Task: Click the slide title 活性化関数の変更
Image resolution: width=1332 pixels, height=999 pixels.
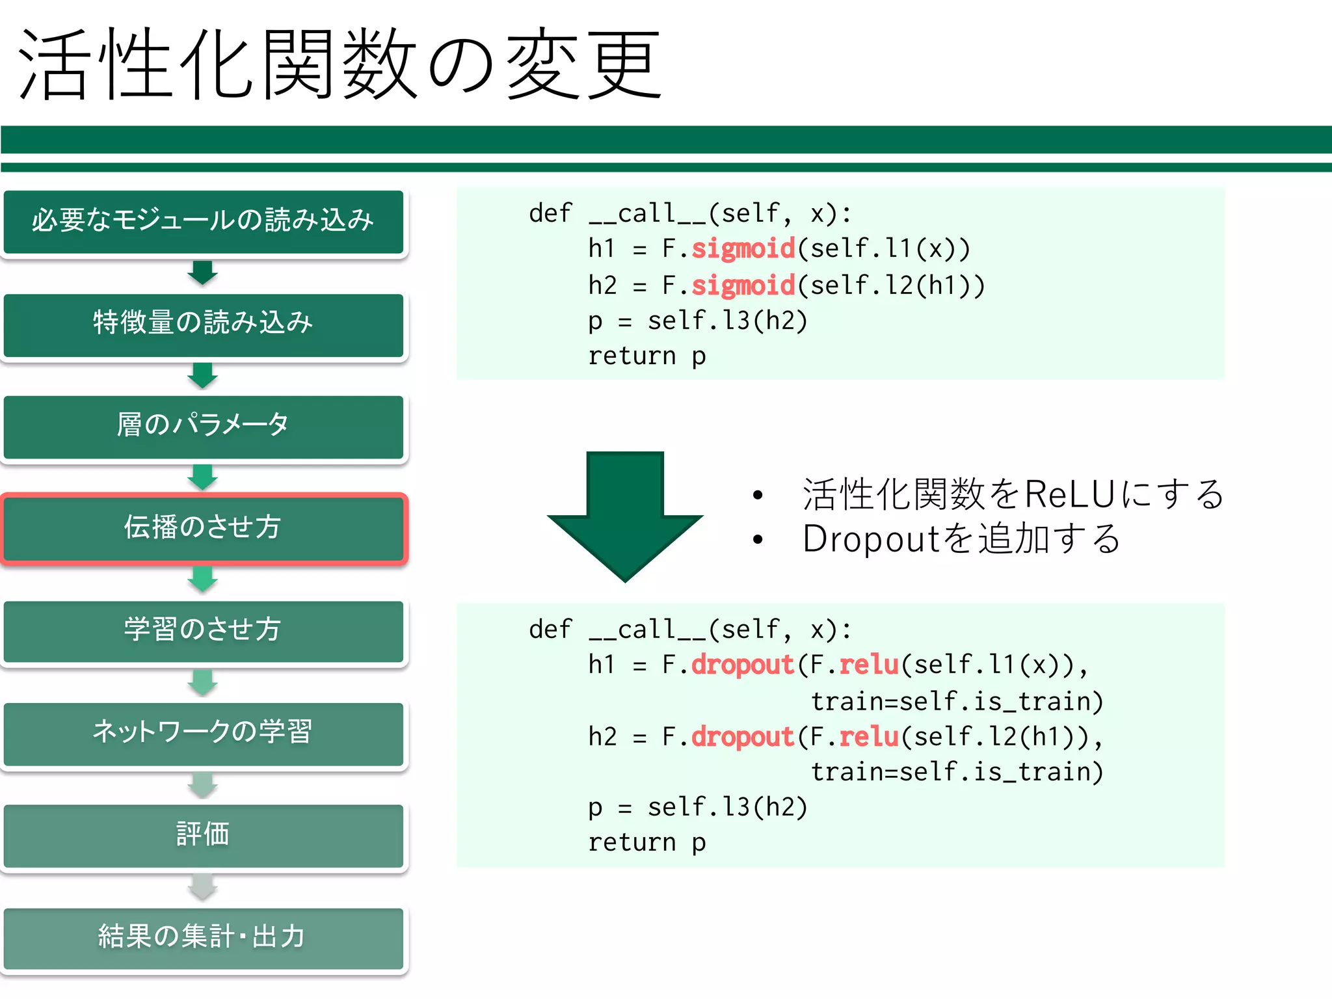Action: tap(338, 65)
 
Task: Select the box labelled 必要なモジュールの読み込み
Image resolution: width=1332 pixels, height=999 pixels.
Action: tap(203, 221)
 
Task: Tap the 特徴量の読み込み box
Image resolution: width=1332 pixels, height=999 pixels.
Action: tap(203, 324)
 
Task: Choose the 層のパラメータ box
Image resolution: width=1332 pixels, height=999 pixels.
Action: tap(203, 426)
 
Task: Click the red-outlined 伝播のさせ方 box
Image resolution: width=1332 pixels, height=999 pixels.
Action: tap(203, 528)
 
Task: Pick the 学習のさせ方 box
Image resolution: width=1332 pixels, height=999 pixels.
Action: tap(203, 630)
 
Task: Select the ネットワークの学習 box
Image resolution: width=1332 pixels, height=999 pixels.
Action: tap(203, 733)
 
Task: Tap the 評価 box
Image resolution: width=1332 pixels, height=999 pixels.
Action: tap(203, 835)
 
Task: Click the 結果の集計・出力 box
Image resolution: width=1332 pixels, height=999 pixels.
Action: tap(203, 937)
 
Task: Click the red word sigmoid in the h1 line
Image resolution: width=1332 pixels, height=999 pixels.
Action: tap(743, 248)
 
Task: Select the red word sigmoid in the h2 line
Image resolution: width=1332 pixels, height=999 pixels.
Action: tap(743, 285)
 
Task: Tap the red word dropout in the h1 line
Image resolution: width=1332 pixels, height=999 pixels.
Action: tap(743, 665)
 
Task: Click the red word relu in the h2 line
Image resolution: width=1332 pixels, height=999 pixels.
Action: tap(868, 737)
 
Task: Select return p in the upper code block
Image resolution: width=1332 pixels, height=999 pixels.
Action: tap(646, 356)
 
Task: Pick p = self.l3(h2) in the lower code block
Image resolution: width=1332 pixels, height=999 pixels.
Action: tap(697, 807)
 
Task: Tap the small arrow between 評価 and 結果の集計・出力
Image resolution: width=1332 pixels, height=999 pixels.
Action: tap(203, 887)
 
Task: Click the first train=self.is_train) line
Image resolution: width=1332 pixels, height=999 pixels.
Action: tap(956, 702)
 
